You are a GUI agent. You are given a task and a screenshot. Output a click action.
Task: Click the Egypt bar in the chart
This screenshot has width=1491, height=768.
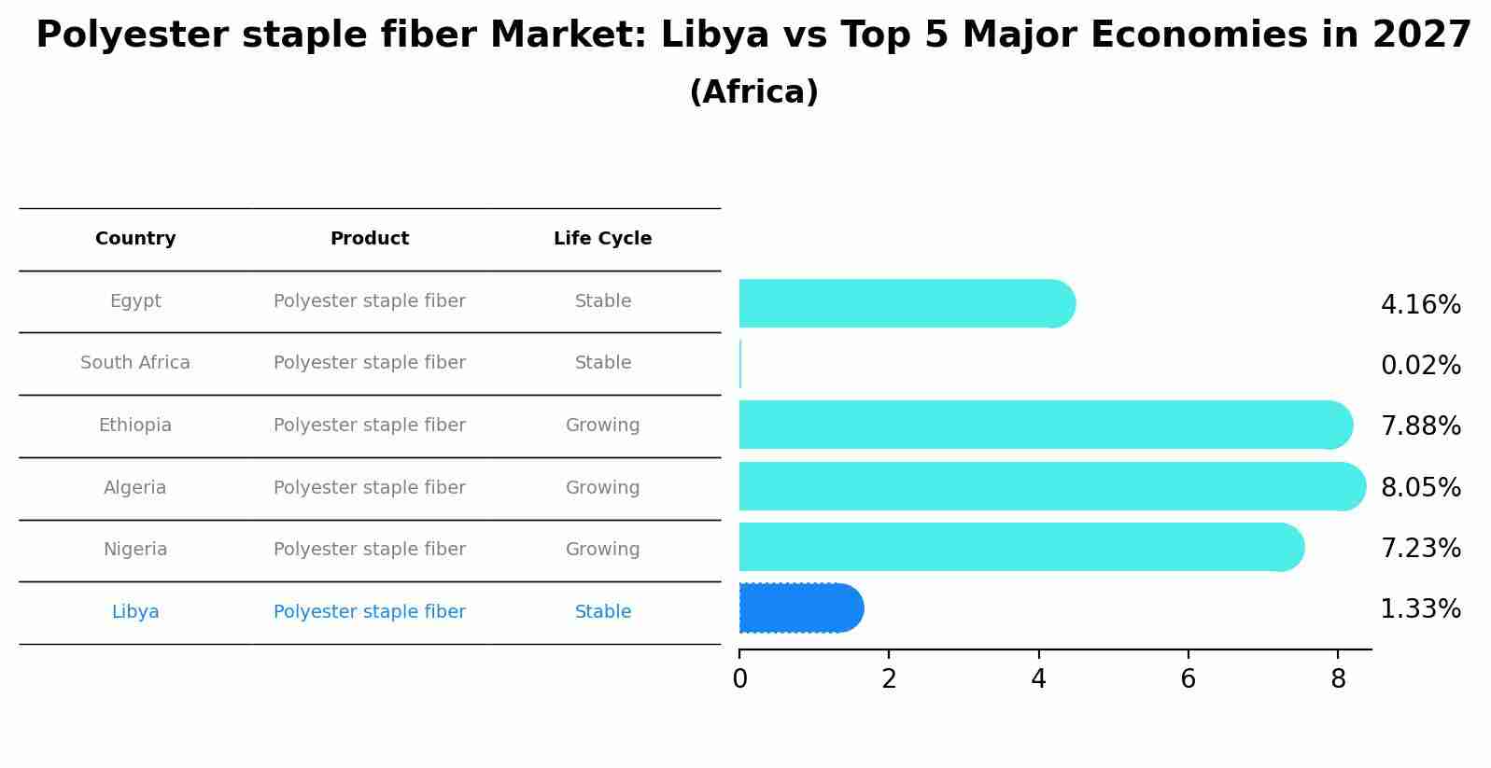[906, 303]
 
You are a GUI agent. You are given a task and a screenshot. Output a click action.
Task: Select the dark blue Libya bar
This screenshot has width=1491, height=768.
[800, 608]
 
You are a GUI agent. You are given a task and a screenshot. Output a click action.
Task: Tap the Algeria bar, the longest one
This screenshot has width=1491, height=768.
[1051, 486]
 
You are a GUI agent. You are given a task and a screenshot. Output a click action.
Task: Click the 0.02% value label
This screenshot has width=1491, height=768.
[1420, 366]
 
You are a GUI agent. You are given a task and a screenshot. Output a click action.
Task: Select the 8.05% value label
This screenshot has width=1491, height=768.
[1420, 487]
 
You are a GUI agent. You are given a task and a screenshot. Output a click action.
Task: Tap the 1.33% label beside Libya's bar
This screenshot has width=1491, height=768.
[1420, 609]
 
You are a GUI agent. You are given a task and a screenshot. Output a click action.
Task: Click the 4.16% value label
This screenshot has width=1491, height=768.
[1420, 305]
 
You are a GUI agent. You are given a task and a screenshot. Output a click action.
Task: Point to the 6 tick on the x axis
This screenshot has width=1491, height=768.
[1188, 679]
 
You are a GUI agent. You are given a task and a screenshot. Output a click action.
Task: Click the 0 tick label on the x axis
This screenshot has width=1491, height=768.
[739, 679]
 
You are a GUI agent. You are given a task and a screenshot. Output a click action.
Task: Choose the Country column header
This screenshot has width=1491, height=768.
[135, 239]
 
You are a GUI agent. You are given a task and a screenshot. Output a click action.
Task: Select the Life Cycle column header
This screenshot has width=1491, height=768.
[602, 239]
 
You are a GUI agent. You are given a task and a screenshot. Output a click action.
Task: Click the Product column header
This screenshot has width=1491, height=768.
[370, 239]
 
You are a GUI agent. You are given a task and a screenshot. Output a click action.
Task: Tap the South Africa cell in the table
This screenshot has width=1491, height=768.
[135, 363]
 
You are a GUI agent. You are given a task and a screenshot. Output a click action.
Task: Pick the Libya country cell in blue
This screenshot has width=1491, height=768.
[135, 612]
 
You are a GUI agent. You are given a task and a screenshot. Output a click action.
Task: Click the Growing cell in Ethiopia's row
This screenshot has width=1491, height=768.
[602, 426]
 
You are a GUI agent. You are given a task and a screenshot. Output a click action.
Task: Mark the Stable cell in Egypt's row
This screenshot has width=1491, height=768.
[602, 301]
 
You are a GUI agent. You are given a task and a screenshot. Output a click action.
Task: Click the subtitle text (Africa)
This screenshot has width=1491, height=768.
[753, 92]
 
